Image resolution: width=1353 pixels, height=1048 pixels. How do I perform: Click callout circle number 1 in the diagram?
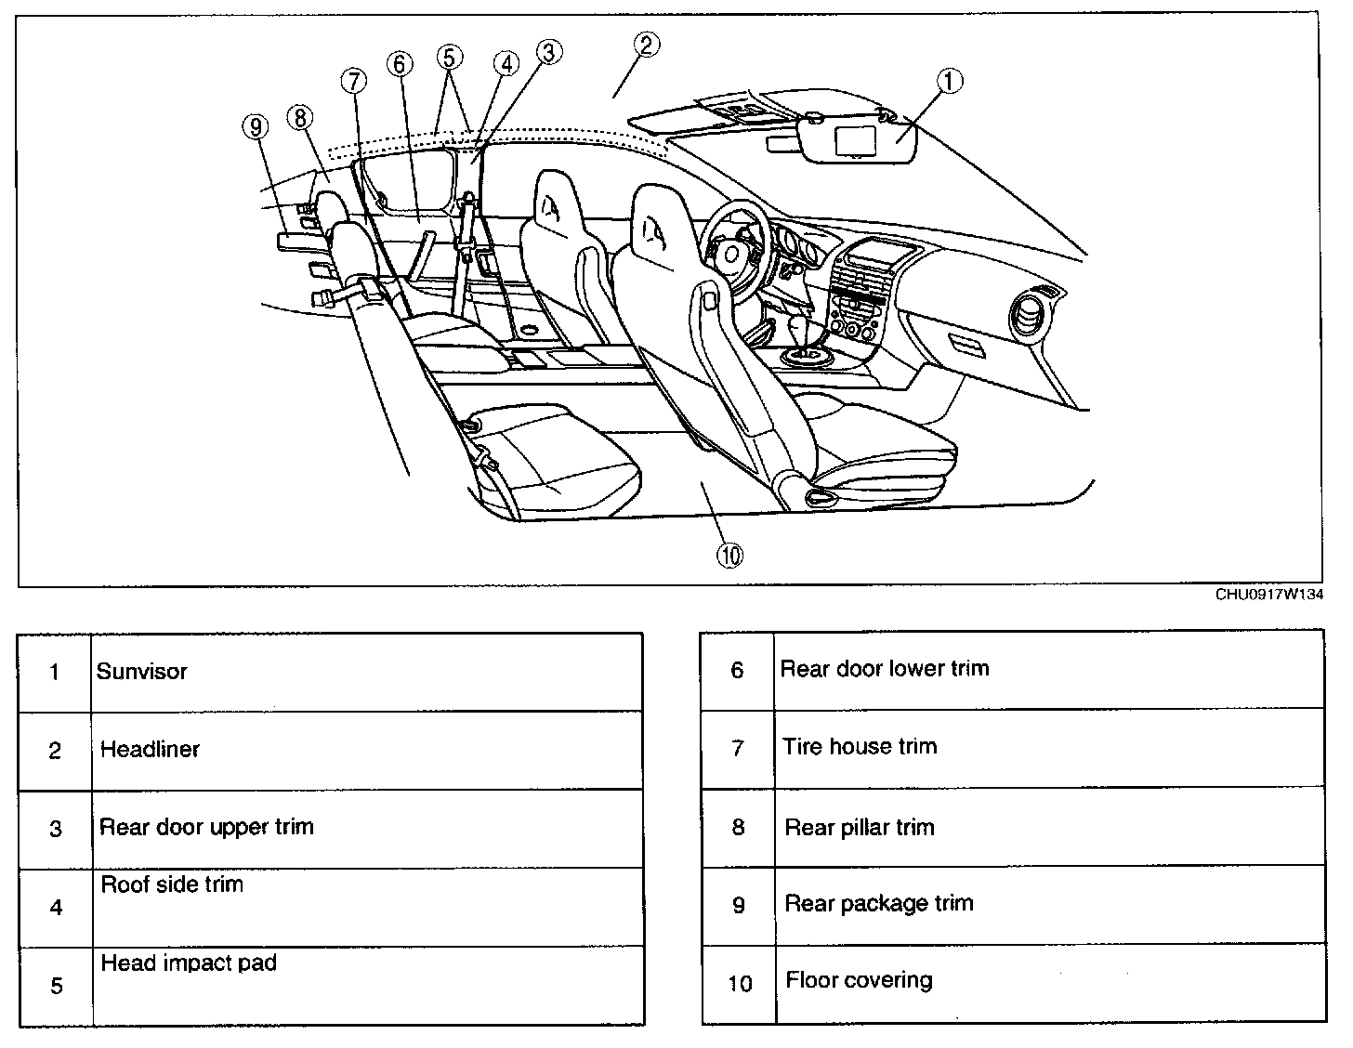949,82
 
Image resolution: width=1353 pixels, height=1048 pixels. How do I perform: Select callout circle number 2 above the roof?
647,44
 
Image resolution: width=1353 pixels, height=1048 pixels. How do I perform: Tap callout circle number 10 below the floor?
729,555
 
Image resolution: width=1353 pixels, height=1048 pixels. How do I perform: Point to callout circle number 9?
256,125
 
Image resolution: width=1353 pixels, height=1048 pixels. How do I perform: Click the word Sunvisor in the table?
142,672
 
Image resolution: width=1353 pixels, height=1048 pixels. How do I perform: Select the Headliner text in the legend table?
150,749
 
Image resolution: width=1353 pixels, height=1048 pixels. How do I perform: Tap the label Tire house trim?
860,746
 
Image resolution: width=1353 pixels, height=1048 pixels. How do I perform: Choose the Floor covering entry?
859,980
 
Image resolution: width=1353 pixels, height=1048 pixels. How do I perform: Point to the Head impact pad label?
189,963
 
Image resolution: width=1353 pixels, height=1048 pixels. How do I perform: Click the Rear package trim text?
879,903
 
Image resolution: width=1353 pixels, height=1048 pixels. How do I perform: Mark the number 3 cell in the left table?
56,829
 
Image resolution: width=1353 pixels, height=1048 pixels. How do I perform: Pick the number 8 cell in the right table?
738,827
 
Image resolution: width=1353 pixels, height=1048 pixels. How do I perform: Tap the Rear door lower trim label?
885,668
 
